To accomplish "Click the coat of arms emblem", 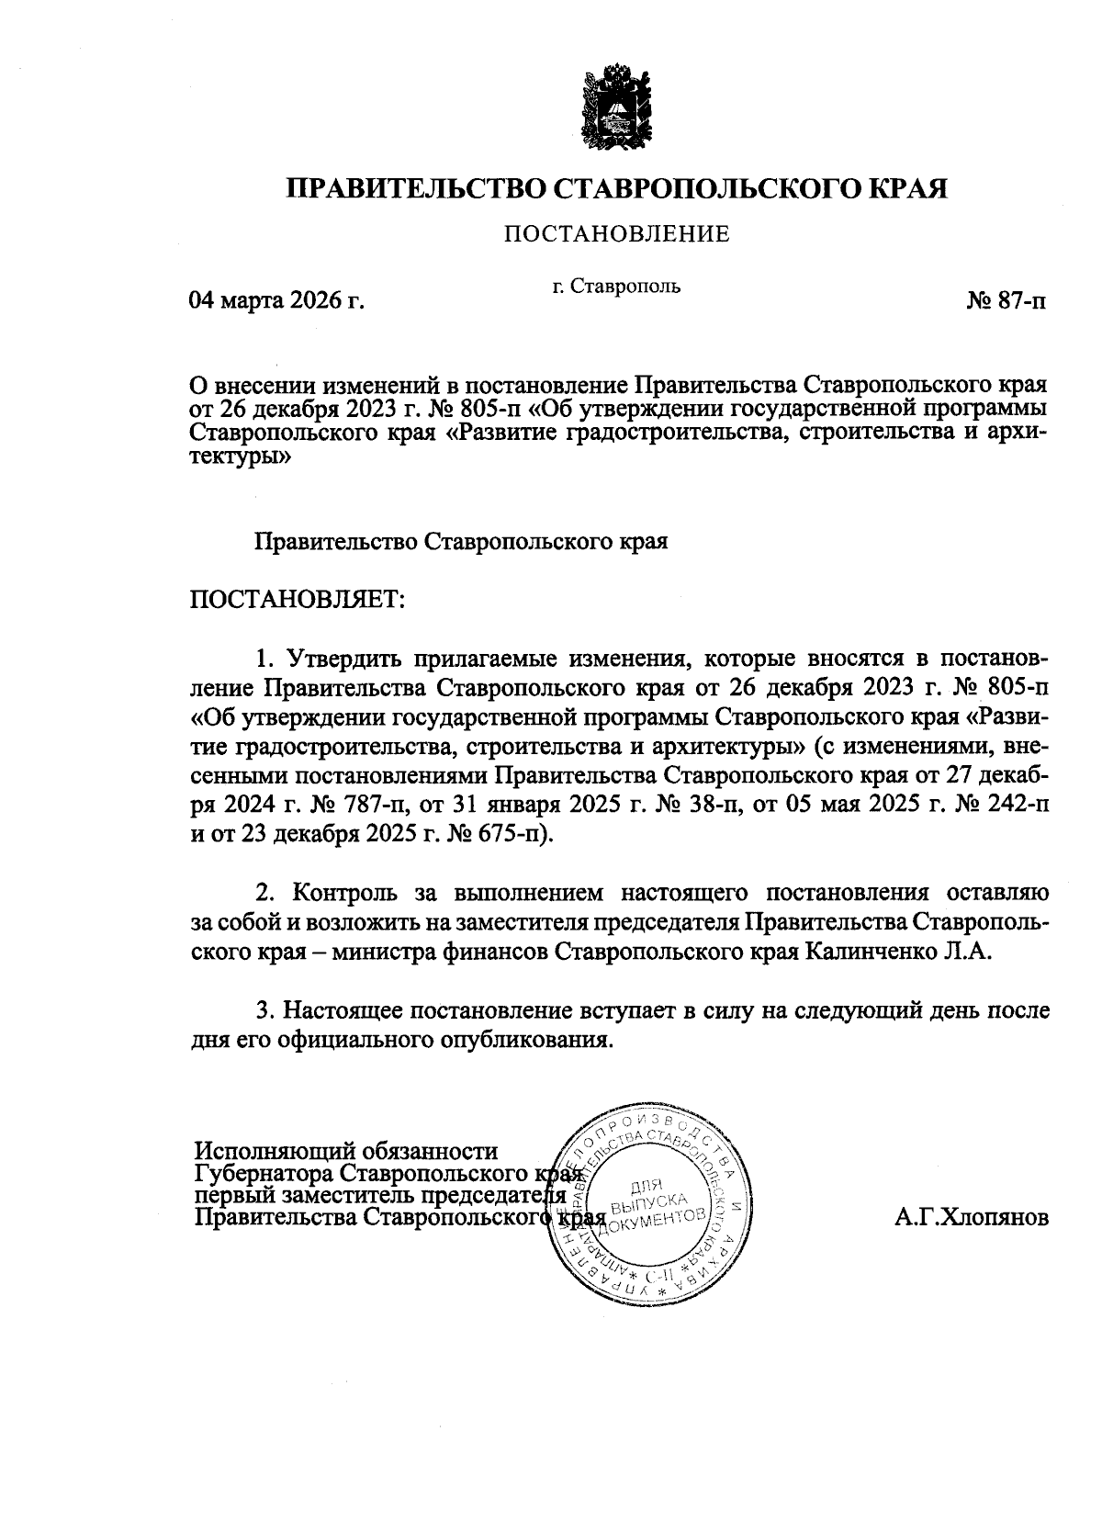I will pyautogui.click(x=616, y=106).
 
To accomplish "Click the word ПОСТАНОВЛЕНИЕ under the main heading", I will pyautogui.click(x=615, y=234).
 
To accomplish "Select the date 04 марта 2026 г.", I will pyautogui.click(x=276, y=300).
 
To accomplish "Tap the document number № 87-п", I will pyautogui.click(x=1006, y=301).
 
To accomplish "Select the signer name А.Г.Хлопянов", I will pyautogui.click(x=971, y=1218).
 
